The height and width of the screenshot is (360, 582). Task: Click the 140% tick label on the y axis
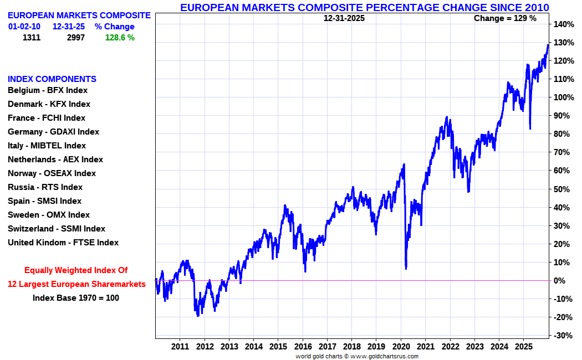pyautogui.click(x=563, y=24)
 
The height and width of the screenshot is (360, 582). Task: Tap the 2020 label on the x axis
pyautogui.click(x=400, y=346)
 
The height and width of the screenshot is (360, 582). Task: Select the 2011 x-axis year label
pyautogui.click(x=180, y=346)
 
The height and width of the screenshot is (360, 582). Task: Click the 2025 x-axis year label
pyautogui.click(x=523, y=346)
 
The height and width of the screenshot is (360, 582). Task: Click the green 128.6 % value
pyautogui.click(x=120, y=38)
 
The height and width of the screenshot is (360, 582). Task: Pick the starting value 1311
pyautogui.click(x=32, y=38)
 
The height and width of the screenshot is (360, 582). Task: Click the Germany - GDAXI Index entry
pyautogui.click(x=53, y=132)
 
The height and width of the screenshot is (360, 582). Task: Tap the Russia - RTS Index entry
pyautogui.click(x=45, y=187)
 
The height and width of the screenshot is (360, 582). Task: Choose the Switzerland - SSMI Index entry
pyautogui.click(x=56, y=229)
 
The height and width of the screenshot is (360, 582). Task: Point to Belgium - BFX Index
pyautogui.click(x=48, y=90)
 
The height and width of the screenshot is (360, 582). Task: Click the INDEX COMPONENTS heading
pyautogui.click(x=52, y=79)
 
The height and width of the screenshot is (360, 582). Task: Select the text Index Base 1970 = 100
pyautogui.click(x=76, y=298)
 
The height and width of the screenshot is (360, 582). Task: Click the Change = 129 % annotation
pyautogui.click(x=505, y=18)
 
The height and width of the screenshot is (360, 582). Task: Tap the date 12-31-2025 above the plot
pyautogui.click(x=344, y=18)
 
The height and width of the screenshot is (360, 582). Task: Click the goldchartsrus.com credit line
pyautogui.click(x=356, y=356)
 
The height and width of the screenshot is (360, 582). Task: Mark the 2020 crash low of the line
pyautogui.click(x=406, y=269)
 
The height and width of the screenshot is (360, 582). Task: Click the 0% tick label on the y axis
pyautogui.click(x=560, y=281)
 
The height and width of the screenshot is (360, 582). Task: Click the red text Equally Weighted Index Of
pyautogui.click(x=76, y=270)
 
